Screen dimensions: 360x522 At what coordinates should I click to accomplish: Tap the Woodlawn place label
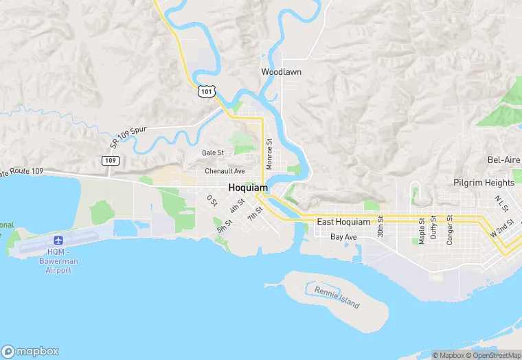pyautogui.click(x=281, y=71)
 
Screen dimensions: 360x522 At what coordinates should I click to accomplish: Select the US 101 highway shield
pyautogui.click(x=207, y=91)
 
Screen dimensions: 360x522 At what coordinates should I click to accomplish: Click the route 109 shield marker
pyautogui.click(x=111, y=161)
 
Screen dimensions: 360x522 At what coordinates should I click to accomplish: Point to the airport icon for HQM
pyautogui.click(x=58, y=241)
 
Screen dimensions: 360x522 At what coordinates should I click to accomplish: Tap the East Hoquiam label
pyautogui.click(x=343, y=222)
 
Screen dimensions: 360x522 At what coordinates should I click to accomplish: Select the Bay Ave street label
pyautogui.click(x=343, y=237)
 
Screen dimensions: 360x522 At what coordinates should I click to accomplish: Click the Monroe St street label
pyautogui.click(x=269, y=155)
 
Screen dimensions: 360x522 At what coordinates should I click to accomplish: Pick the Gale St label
pyautogui.click(x=213, y=153)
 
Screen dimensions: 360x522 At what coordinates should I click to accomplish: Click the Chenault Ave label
pyautogui.click(x=225, y=171)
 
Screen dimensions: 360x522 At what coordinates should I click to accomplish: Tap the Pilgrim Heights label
pyautogui.click(x=484, y=183)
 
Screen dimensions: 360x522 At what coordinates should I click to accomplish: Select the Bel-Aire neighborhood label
pyautogui.click(x=503, y=159)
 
